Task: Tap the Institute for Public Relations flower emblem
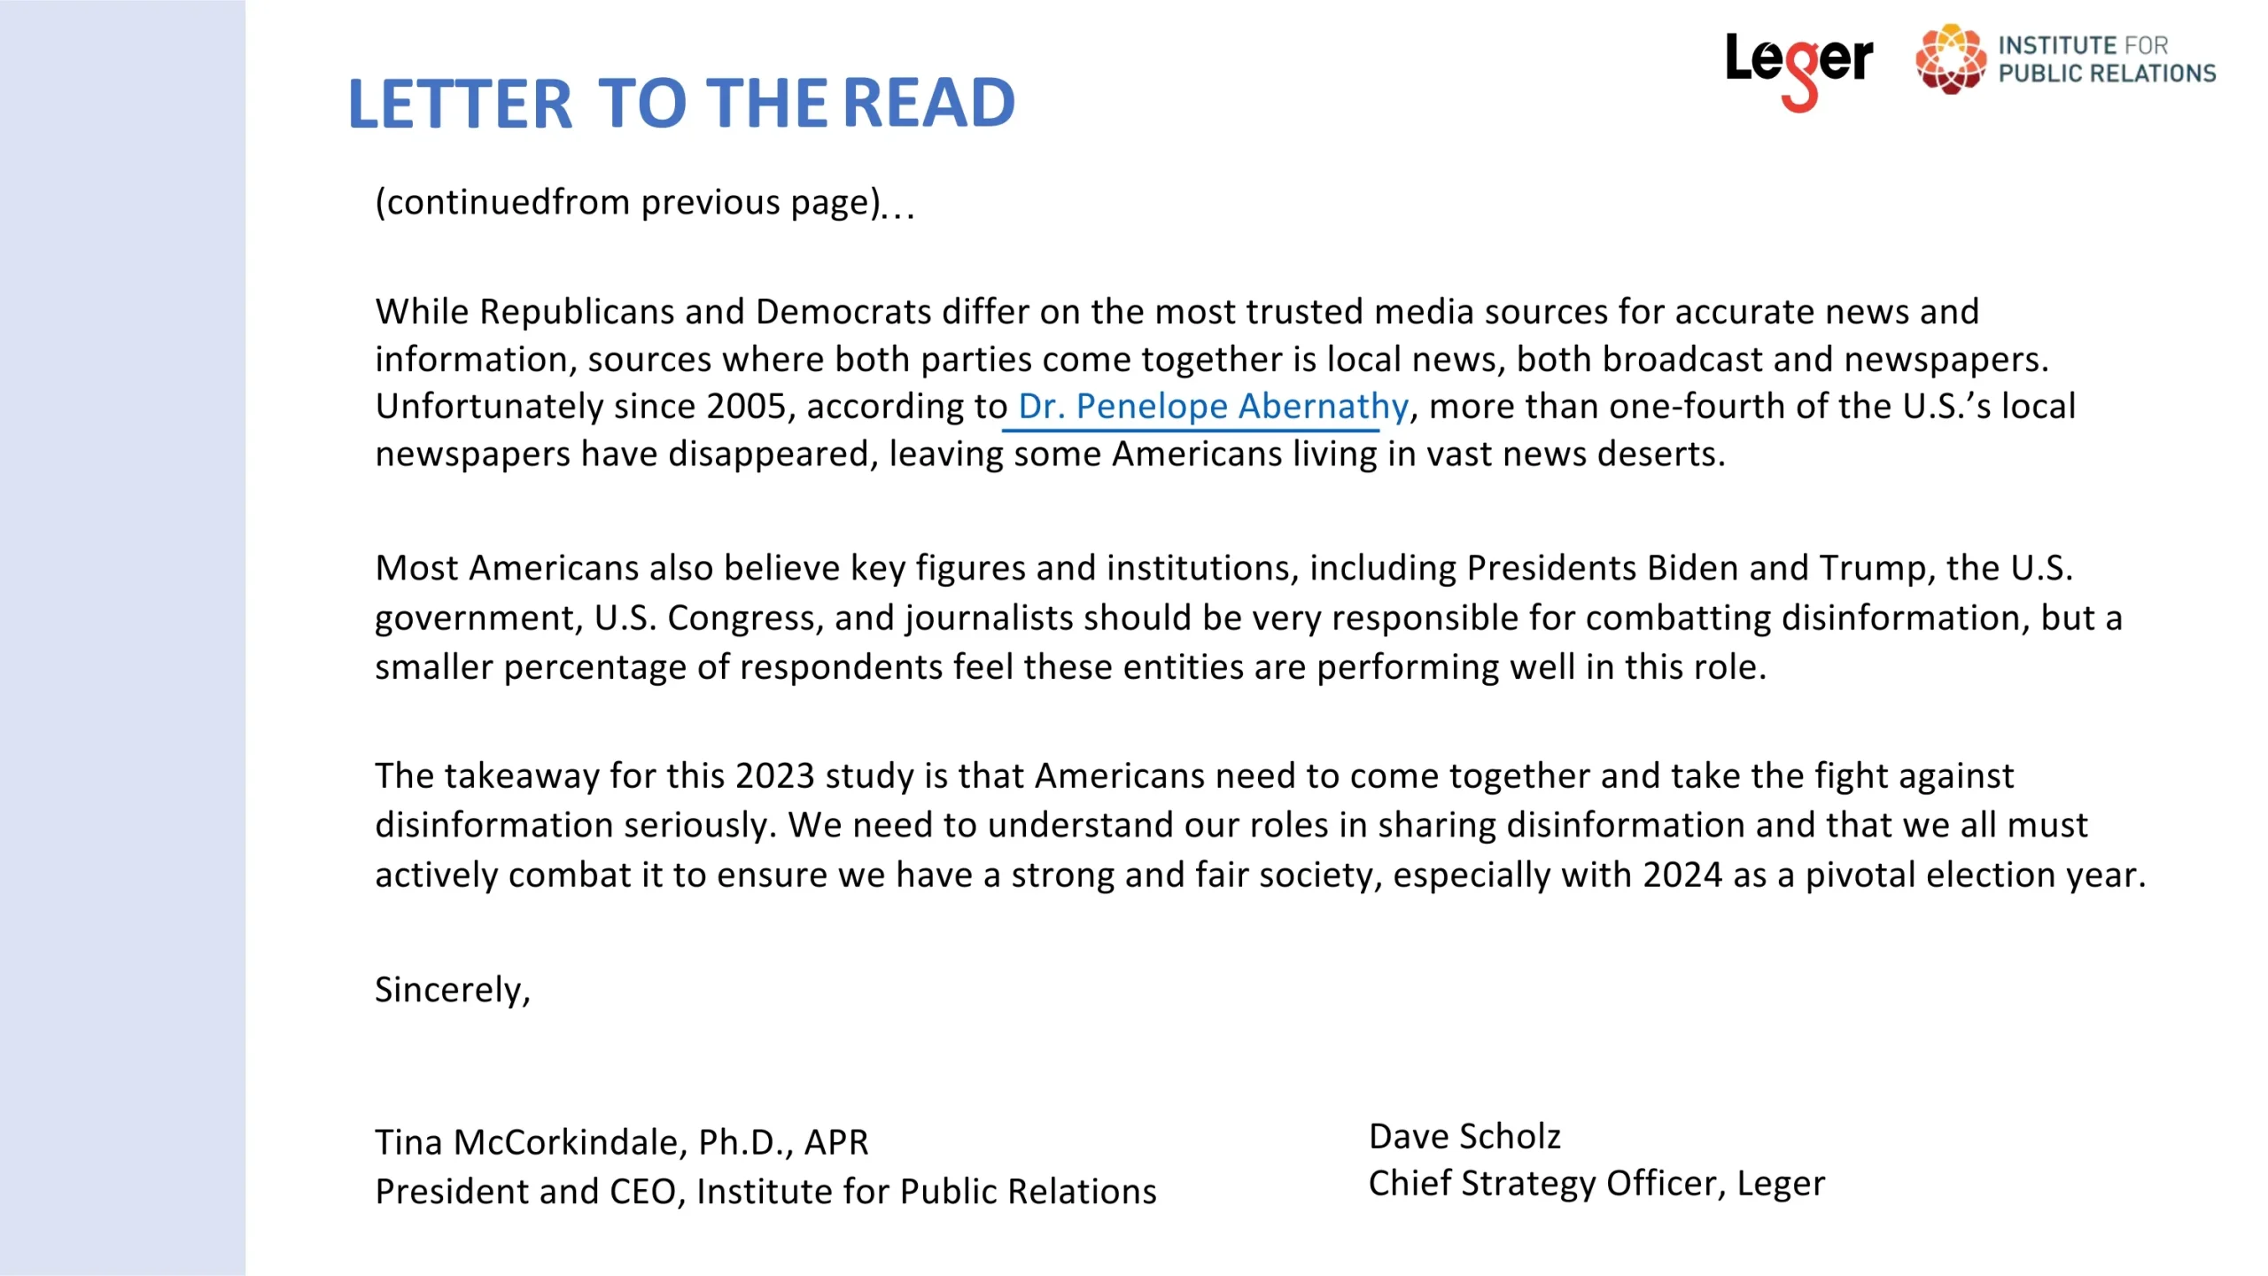1950,58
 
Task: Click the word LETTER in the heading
460,104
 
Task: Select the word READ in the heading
928,104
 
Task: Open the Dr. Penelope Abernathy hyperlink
1212,407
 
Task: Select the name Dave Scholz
1464,1137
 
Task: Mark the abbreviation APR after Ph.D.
835,1142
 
